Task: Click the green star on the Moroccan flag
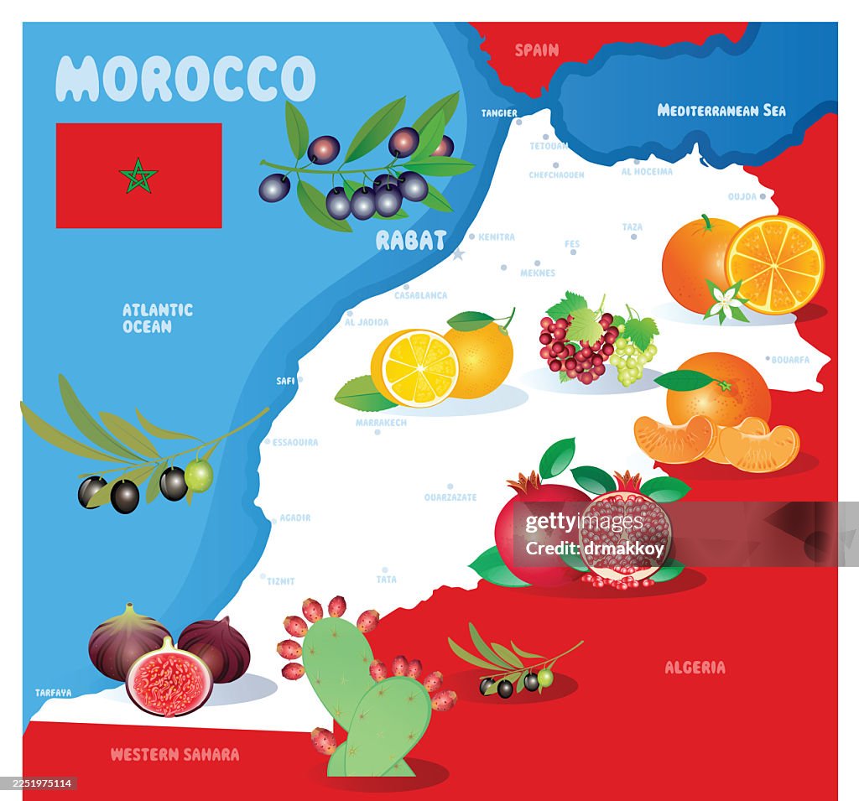[x=138, y=175]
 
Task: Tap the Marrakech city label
[x=381, y=423]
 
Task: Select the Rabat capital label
[x=410, y=241]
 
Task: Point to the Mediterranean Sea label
[x=721, y=110]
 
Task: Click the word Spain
[x=536, y=50]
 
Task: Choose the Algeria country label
[x=695, y=668]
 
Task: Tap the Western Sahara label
[x=174, y=754]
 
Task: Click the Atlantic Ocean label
[x=158, y=318]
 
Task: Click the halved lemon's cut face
[x=416, y=367]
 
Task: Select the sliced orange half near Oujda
[x=775, y=264]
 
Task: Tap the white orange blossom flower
[x=725, y=301]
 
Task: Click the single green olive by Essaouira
[x=199, y=476]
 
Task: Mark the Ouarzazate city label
[x=450, y=497]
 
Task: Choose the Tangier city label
[x=499, y=113]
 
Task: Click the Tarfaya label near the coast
[x=54, y=693]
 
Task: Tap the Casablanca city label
[x=421, y=295]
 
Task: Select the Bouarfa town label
[x=790, y=360]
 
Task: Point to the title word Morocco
[x=185, y=80]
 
